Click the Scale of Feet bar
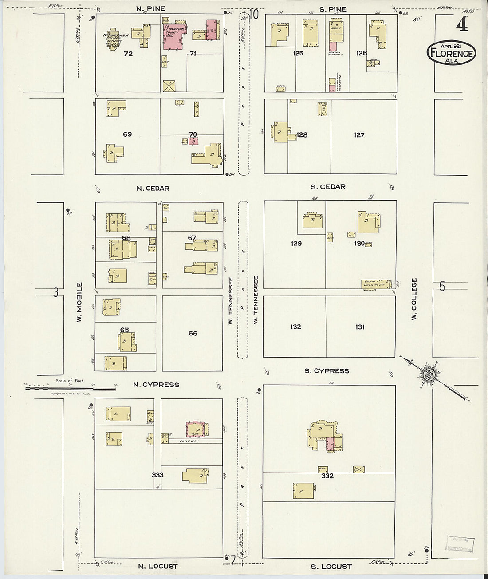click(x=70, y=389)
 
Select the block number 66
click(x=193, y=333)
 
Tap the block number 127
click(x=359, y=135)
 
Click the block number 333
click(x=157, y=475)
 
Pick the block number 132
click(x=295, y=327)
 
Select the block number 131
click(x=360, y=327)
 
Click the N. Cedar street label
click(x=153, y=189)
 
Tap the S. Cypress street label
click(x=327, y=371)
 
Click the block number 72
click(x=128, y=54)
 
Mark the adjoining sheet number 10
click(x=254, y=15)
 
